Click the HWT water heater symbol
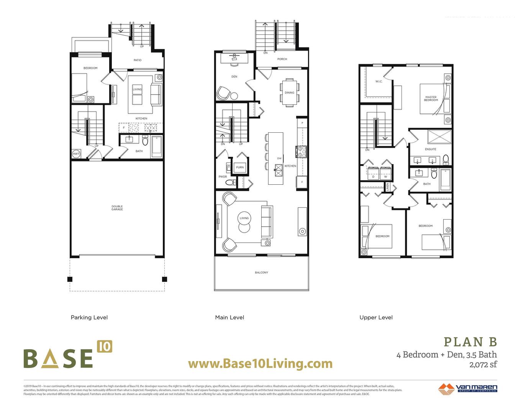point(76,154)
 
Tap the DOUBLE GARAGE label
point(117,208)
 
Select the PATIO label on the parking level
point(138,60)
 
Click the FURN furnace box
point(240,168)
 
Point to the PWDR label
point(223,177)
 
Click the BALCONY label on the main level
point(262,273)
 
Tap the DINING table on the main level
point(290,92)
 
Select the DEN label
point(234,76)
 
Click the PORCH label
point(282,59)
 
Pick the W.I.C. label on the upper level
point(378,81)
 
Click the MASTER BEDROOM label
point(431,99)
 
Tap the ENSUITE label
point(431,149)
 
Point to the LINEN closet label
point(388,187)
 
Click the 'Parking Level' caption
point(89,317)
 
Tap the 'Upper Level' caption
point(376,317)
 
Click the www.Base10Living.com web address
point(260,363)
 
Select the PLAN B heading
point(470,342)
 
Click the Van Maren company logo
point(468,388)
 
